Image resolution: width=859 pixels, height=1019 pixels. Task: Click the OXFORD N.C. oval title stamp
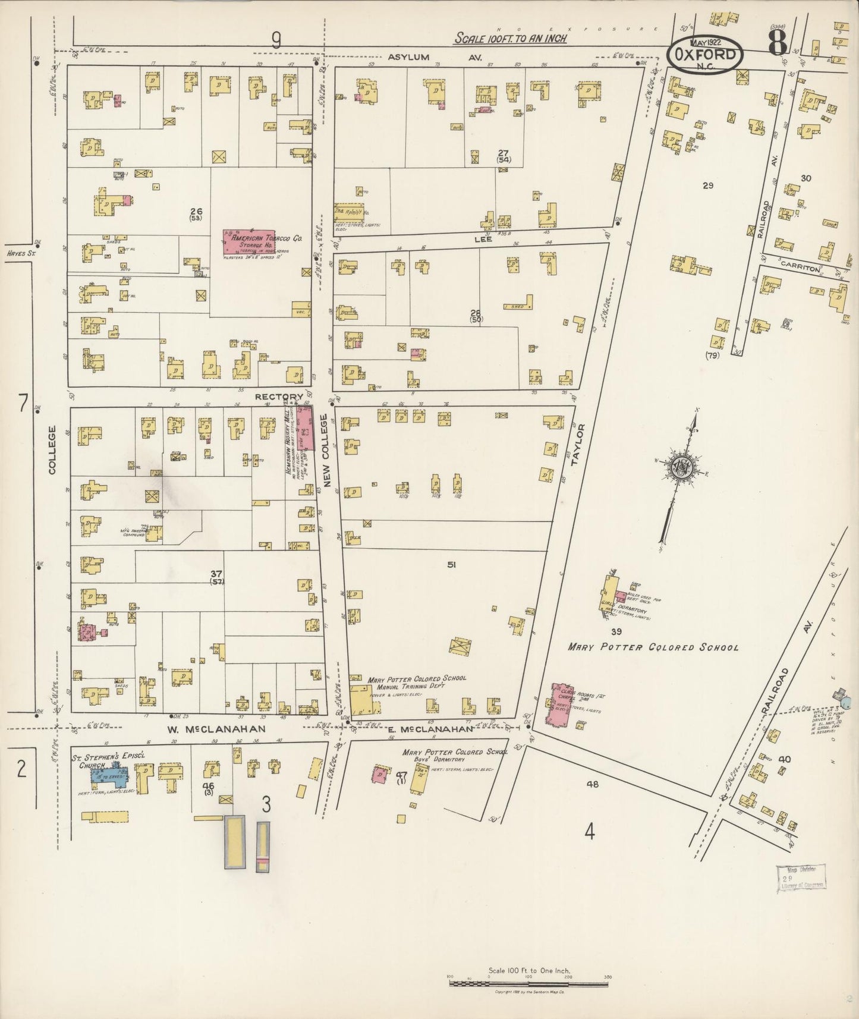click(x=704, y=56)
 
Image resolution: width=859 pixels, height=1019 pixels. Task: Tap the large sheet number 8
click(x=777, y=43)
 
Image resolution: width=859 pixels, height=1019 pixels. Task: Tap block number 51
click(x=451, y=565)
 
